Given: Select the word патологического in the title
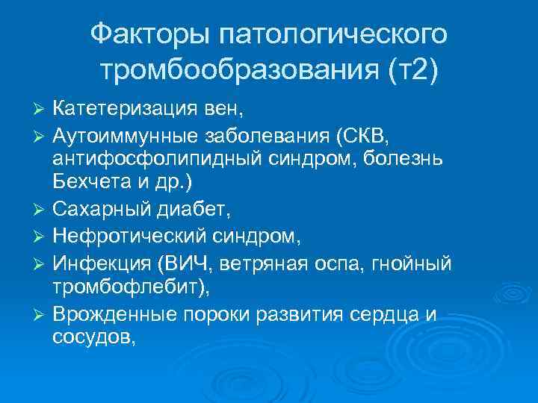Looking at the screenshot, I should click(329, 34).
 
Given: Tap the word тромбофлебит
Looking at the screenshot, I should click(125, 287).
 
